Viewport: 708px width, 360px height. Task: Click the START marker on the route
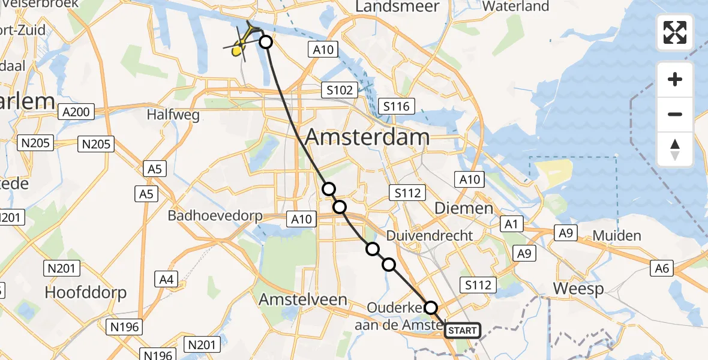[x=463, y=331]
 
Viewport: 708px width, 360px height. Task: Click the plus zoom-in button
[x=675, y=79]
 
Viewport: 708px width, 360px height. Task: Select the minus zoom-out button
[x=675, y=114]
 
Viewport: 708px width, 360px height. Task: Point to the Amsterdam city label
[x=367, y=137]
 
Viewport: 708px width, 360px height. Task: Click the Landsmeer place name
[x=398, y=7]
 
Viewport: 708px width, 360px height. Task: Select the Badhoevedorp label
[x=215, y=215]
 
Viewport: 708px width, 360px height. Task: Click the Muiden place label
[x=616, y=236]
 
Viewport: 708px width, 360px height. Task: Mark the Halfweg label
[x=173, y=115]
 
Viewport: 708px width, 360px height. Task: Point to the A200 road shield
[x=75, y=112]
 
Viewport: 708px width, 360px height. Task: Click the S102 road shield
[x=340, y=91]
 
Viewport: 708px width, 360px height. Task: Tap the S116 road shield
[x=397, y=107]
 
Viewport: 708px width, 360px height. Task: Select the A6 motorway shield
[x=662, y=268]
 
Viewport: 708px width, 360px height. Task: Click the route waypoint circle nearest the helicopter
[x=266, y=42]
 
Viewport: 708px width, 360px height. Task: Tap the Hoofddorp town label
[x=86, y=292]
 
